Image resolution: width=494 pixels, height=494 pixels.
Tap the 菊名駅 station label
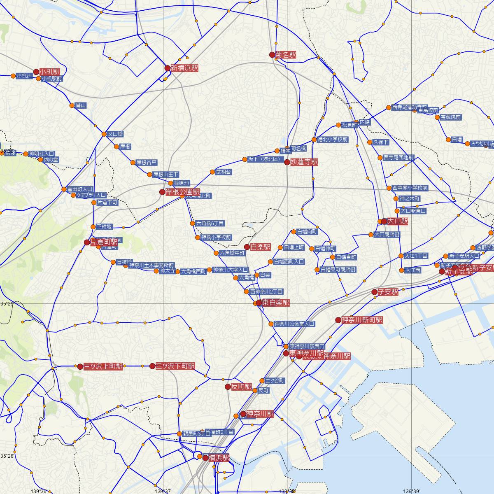coord(286,55)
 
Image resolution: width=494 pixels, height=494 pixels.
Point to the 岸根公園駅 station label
coord(183,192)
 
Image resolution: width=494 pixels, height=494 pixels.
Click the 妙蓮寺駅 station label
coord(304,162)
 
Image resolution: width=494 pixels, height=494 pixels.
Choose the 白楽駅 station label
coord(260,247)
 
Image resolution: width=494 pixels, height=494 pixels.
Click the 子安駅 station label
coord(388,292)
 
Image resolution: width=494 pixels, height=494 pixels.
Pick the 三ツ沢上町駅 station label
coord(103,366)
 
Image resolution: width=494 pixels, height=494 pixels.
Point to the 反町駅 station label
coord(241,387)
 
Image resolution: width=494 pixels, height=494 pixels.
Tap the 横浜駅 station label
coord(219,458)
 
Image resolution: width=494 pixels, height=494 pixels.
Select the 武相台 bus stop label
coord(224,172)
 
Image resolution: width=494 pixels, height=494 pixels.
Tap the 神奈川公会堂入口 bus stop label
coord(294,324)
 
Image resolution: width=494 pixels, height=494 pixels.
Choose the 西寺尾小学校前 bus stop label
coord(410,188)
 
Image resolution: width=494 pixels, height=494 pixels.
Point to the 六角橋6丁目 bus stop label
coord(210,224)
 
